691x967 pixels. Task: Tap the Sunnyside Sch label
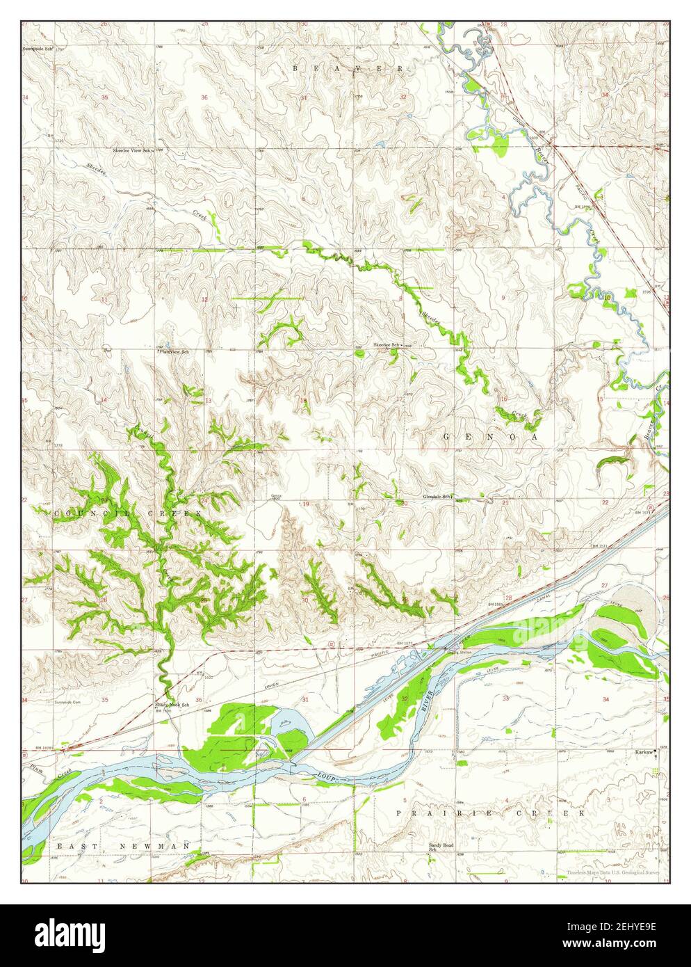pyautogui.click(x=38, y=49)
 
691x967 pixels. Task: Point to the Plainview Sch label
pyautogui.click(x=174, y=352)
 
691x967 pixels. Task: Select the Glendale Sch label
pyautogui.click(x=437, y=497)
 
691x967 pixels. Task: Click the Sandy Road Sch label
pyautogui.click(x=440, y=847)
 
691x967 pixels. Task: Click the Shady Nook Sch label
pyautogui.click(x=171, y=704)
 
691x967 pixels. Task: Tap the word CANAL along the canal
pyautogui.click(x=544, y=598)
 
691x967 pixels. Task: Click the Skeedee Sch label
pyautogui.click(x=387, y=345)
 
